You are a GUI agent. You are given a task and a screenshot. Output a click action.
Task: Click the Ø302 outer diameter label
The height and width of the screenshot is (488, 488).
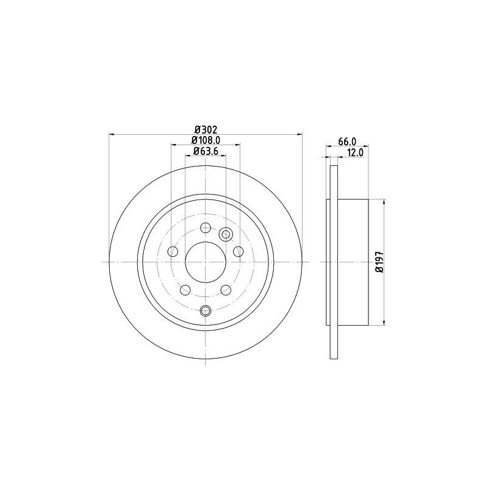(206, 129)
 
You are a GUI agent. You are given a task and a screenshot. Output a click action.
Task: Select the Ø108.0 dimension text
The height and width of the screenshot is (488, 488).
(206, 140)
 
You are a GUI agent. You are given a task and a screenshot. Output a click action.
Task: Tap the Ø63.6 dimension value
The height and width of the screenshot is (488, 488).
(206, 151)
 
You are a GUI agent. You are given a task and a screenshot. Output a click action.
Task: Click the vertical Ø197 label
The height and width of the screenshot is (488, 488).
(379, 262)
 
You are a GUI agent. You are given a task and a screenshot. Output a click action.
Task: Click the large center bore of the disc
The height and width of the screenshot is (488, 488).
(206, 262)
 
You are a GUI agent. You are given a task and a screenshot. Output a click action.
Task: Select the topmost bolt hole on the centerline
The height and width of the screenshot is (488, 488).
(206, 228)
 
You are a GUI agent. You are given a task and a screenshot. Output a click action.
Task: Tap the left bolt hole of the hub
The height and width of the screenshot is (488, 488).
(173, 251)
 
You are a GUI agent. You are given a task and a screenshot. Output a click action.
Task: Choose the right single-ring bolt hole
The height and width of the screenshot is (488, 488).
(239, 251)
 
